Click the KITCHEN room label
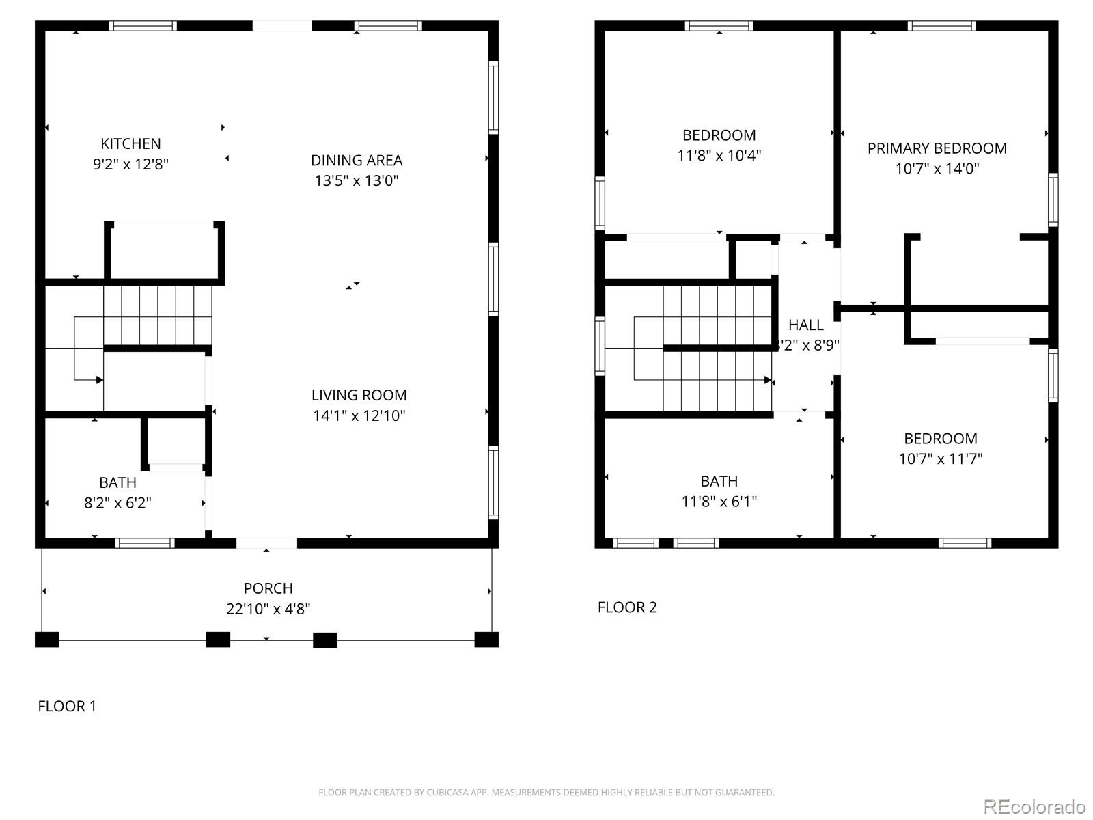click(x=130, y=143)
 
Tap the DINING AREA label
click(x=357, y=161)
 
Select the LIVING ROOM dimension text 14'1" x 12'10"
click(x=359, y=415)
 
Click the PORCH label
click(x=268, y=588)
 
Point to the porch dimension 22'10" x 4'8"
click(x=268, y=609)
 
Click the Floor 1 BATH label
click(x=117, y=482)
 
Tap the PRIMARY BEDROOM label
click(x=937, y=148)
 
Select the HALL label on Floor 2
click(x=806, y=325)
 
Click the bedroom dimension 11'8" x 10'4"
click(x=719, y=156)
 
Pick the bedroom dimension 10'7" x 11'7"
click(x=940, y=459)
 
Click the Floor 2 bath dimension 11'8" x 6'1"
click(x=719, y=502)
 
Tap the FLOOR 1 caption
click(x=67, y=707)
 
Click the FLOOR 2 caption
click(x=627, y=607)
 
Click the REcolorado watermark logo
click(x=1034, y=807)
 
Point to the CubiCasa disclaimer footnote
click(x=546, y=793)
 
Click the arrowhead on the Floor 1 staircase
click(x=100, y=380)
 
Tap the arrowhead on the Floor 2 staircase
click(x=768, y=380)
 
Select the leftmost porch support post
click(x=47, y=640)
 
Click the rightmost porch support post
click(x=486, y=640)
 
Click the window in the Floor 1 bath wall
click(x=144, y=543)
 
